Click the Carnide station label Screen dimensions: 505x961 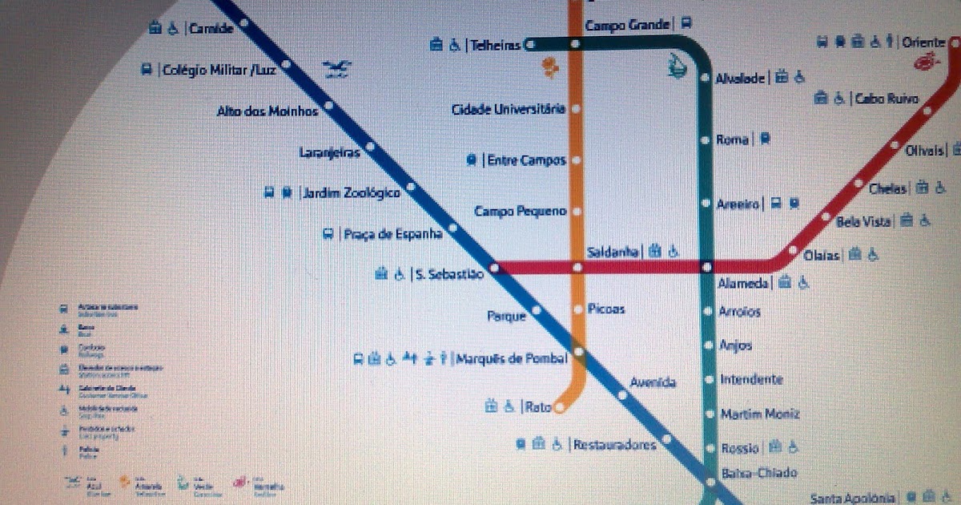point(211,29)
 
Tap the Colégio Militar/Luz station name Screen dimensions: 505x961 point(219,71)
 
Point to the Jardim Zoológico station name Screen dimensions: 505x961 point(350,193)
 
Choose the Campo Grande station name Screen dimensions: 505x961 point(627,26)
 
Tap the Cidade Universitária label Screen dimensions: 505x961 point(509,109)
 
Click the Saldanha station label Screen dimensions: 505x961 point(613,252)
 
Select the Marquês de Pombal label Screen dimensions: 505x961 point(512,358)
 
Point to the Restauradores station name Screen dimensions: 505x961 point(614,445)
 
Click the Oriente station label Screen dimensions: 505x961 point(923,42)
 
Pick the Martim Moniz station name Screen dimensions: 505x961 point(759,414)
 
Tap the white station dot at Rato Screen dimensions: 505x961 point(559,408)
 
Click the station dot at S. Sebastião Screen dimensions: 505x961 point(494,268)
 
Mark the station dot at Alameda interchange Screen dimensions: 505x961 point(706,267)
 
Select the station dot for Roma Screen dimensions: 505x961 point(706,140)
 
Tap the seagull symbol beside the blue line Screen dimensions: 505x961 point(337,70)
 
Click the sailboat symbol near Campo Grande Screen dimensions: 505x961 point(678,64)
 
